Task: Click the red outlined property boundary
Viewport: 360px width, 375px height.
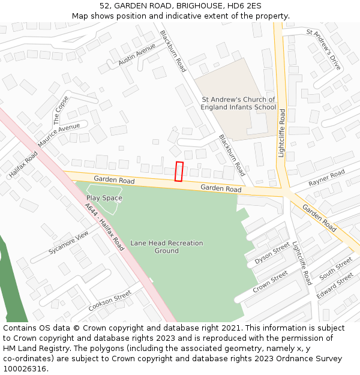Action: pos(179,172)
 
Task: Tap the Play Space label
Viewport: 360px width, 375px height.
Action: pos(104,198)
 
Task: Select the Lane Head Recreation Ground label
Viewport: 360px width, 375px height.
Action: pos(167,247)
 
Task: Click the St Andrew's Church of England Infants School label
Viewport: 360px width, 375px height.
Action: pos(239,104)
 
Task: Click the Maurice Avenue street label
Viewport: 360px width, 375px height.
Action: pos(59,136)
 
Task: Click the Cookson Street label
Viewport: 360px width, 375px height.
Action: pos(110,301)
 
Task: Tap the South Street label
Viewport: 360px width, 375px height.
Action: pos(336,268)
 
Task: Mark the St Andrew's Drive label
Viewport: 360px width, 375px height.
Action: pos(323,49)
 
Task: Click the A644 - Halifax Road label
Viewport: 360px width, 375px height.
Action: pos(104,226)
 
